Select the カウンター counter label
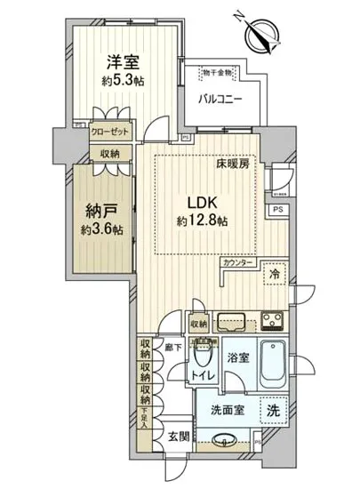pos(240,264)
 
